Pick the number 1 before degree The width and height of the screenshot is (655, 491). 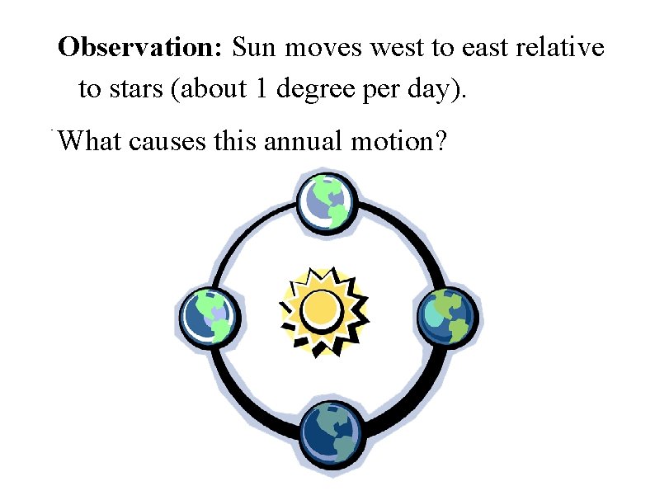point(262,88)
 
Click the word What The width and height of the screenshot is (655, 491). point(89,141)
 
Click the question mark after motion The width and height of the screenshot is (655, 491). point(442,141)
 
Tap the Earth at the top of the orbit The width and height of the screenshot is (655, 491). point(327,201)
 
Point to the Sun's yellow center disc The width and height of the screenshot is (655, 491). point(320,309)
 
